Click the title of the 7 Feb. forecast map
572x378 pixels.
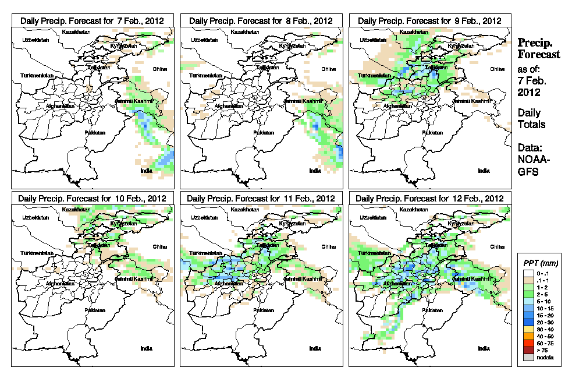pyautogui.click(x=92, y=20)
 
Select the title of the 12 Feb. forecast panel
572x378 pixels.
pyautogui.click(x=429, y=198)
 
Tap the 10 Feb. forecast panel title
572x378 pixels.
pyautogui.click(x=92, y=198)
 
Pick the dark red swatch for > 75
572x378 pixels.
pyautogui.click(x=527, y=350)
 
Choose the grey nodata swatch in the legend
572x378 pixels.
pyautogui.click(x=527, y=357)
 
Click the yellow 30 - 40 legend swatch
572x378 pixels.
pyautogui.click(x=527, y=329)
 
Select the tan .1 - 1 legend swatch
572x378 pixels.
pyautogui.click(x=527, y=280)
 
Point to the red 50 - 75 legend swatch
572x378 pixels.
pyautogui.click(x=527, y=343)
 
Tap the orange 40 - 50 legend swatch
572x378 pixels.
pyautogui.click(x=527, y=336)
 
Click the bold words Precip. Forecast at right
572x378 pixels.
pyautogui.click(x=538, y=48)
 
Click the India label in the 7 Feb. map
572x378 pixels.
pyautogui.click(x=146, y=171)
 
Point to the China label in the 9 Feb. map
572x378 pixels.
pyautogui.click(x=496, y=69)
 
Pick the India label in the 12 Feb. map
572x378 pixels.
pyautogui.click(x=484, y=348)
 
